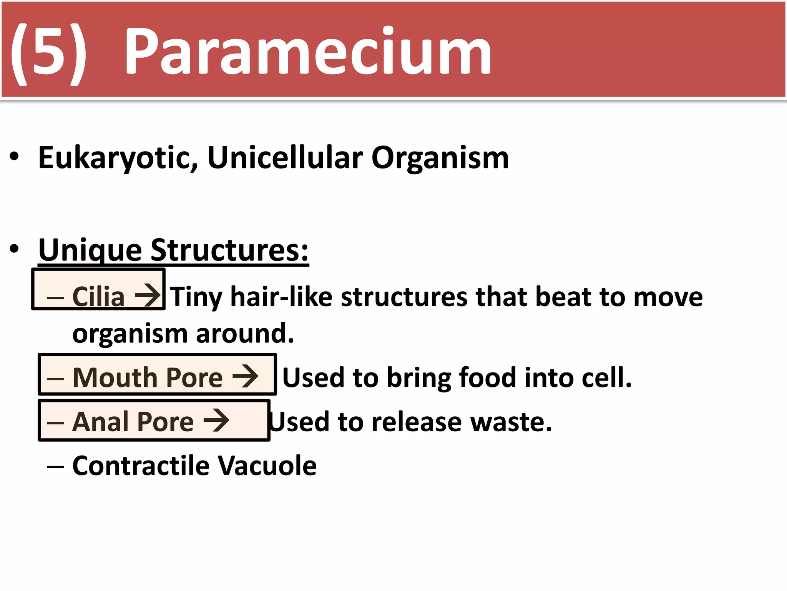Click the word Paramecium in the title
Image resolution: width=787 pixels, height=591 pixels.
click(307, 52)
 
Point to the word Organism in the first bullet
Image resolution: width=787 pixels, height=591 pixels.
click(440, 159)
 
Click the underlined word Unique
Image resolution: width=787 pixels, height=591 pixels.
click(90, 250)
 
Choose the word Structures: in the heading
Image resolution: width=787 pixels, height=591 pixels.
click(229, 250)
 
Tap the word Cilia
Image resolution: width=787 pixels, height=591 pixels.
click(98, 297)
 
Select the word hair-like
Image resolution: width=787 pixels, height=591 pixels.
click(281, 297)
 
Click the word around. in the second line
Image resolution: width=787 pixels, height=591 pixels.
click(245, 333)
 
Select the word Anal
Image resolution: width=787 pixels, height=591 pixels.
click(100, 422)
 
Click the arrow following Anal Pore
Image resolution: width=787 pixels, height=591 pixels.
click(216, 420)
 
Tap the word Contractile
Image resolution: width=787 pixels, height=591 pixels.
click(141, 466)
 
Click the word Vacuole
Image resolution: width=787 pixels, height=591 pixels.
click(267, 466)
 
